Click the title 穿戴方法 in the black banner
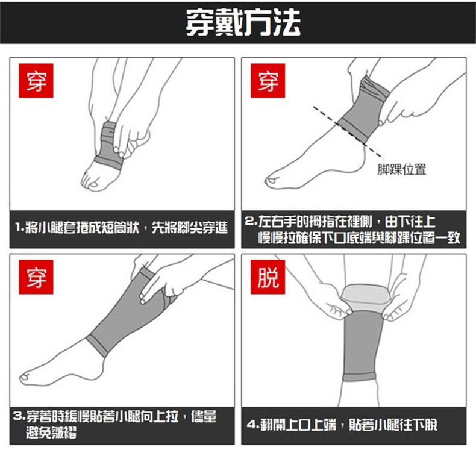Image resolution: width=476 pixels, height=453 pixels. [x=243, y=22]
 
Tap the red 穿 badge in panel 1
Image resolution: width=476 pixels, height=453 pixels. [x=36, y=81]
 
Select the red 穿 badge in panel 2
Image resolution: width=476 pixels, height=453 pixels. [x=268, y=81]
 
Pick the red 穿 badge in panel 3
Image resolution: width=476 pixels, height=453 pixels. [x=36, y=277]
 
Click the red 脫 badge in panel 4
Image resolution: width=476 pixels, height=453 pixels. [x=268, y=277]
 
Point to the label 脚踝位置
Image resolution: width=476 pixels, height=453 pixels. [x=402, y=169]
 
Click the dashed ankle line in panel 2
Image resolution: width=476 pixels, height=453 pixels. [x=348, y=133]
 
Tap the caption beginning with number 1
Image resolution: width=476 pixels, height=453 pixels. [x=122, y=228]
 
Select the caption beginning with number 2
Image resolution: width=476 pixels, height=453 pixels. [x=352, y=230]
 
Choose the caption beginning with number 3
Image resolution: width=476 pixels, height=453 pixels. [x=114, y=424]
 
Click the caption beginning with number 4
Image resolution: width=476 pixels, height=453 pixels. [x=342, y=425]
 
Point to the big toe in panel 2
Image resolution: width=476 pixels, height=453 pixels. [x=271, y=181]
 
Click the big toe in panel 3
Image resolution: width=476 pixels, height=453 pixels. [x=25, y=377]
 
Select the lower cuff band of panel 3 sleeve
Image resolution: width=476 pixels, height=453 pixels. [x=97, y=346]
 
